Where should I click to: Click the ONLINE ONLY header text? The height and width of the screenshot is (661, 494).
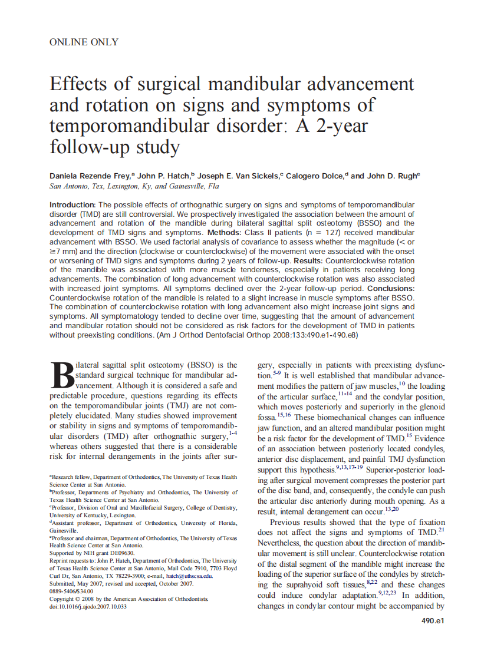click(84, 42)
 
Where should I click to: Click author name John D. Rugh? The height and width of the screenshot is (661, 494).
click(393, 176)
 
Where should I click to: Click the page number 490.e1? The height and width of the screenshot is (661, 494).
click(432, 621)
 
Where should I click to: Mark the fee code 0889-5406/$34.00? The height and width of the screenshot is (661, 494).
click(71, 591)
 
